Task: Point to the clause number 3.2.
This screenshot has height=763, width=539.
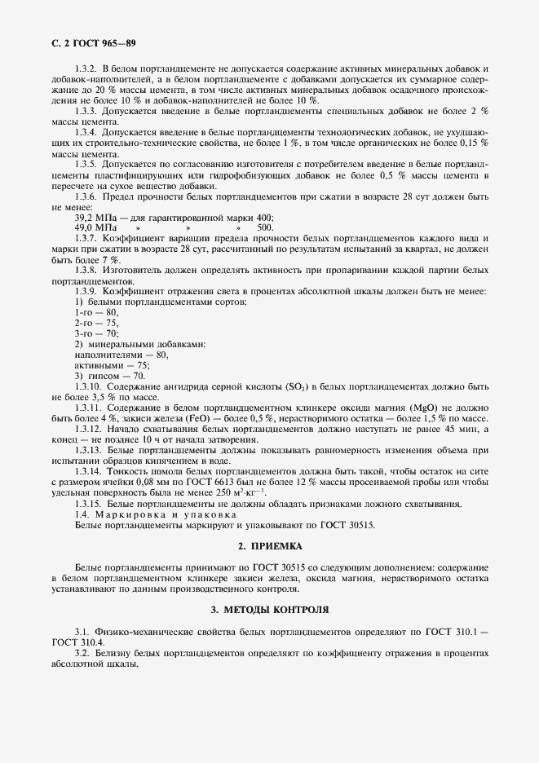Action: click(x=82, y=653)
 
